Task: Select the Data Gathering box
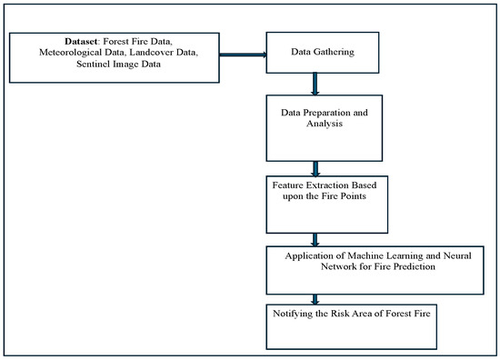tap(314, 55)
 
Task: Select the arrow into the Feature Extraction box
tap(315, 169)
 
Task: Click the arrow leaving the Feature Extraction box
tap(315, 239)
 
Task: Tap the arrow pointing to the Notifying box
tap(315, 298)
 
